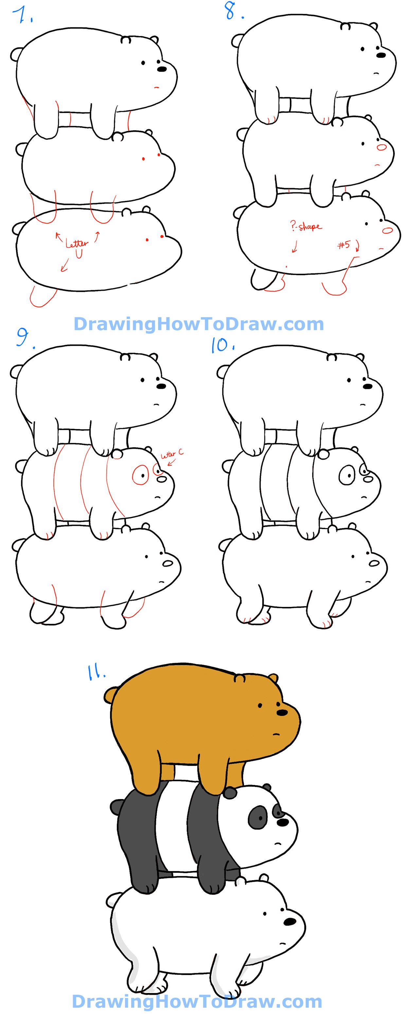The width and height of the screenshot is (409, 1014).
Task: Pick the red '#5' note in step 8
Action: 343,245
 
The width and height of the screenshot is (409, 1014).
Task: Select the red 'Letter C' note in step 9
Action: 172,454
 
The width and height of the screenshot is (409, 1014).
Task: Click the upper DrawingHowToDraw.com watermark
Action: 199,324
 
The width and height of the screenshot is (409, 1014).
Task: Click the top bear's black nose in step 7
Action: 162,69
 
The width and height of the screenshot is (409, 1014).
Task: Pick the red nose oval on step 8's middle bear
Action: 382,148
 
